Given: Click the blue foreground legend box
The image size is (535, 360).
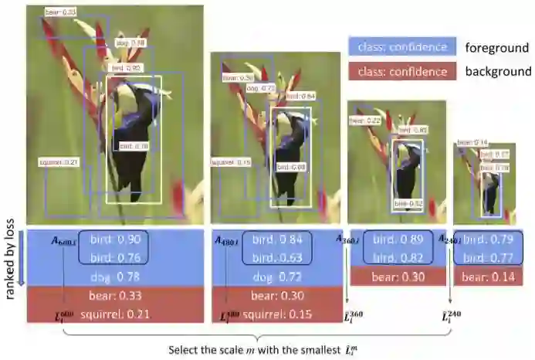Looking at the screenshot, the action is click(x=398, y=47).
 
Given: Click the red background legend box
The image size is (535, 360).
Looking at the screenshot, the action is click(x=398, y=71).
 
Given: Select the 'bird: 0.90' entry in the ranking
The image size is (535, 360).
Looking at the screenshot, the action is click(x=114, y=239).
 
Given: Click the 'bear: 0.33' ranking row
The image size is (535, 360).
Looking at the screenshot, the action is click(x=114, y=294).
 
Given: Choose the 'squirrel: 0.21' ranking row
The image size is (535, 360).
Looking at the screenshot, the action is click(x=114, y=313).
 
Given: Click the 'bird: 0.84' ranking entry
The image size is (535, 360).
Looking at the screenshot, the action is click(x=276, y=239).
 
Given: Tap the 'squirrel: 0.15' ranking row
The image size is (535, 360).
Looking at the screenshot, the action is click(x=276, y=313).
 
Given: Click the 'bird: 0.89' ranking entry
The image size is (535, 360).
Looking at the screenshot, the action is click(x=393, y=239).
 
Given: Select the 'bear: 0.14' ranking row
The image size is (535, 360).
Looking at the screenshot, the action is click(x=487, y=276).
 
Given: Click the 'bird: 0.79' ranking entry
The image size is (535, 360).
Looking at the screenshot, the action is click(x=487, y=239).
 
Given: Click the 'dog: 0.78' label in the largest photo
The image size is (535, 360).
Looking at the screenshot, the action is click(x=130, y=42).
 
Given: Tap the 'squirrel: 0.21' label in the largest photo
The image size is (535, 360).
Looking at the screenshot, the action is click(x=59, y=161).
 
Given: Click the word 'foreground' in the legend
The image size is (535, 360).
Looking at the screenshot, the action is click(x=497, y=48).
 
